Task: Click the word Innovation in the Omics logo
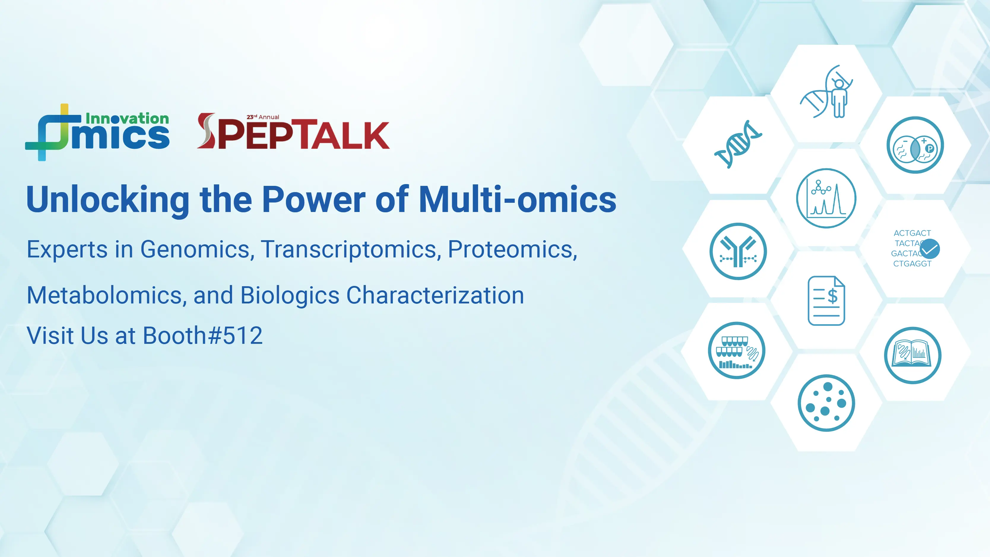[127, 118]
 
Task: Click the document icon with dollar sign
[826, 300]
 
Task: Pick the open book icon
[913, 355]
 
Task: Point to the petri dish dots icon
[826, 403]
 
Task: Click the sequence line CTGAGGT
[912, 264]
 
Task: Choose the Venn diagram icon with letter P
[915, 145]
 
